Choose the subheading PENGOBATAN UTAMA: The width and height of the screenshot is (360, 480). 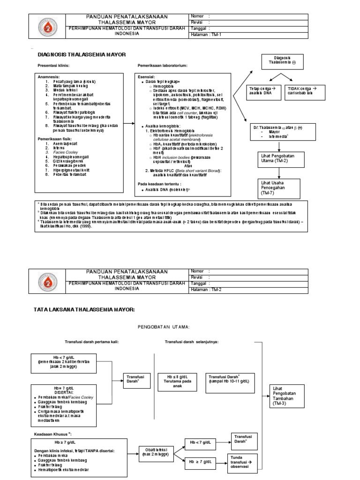pos(163,326)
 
